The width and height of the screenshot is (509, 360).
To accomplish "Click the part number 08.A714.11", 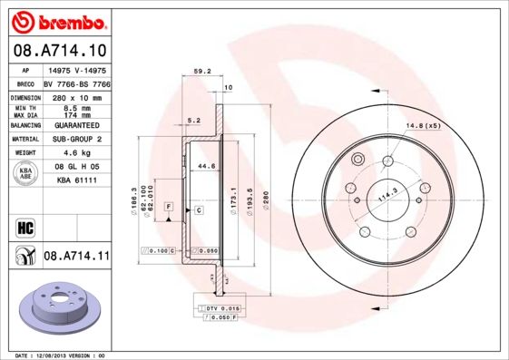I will coord(76,256).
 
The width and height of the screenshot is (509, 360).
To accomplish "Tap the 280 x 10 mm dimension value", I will coord(76,96).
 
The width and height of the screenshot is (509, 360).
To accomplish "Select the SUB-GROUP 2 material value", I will coord(76,139).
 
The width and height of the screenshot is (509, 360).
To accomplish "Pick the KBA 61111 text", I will coord(76,180).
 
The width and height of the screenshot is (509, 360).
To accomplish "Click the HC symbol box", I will coord(25,228).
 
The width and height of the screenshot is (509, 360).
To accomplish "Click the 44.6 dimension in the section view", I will coord(206,166).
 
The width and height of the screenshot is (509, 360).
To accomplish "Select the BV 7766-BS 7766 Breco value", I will coord(76,83).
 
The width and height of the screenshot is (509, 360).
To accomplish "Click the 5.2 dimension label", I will coord(192,120).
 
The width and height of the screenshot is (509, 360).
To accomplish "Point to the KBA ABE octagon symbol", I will coord(26,174).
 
